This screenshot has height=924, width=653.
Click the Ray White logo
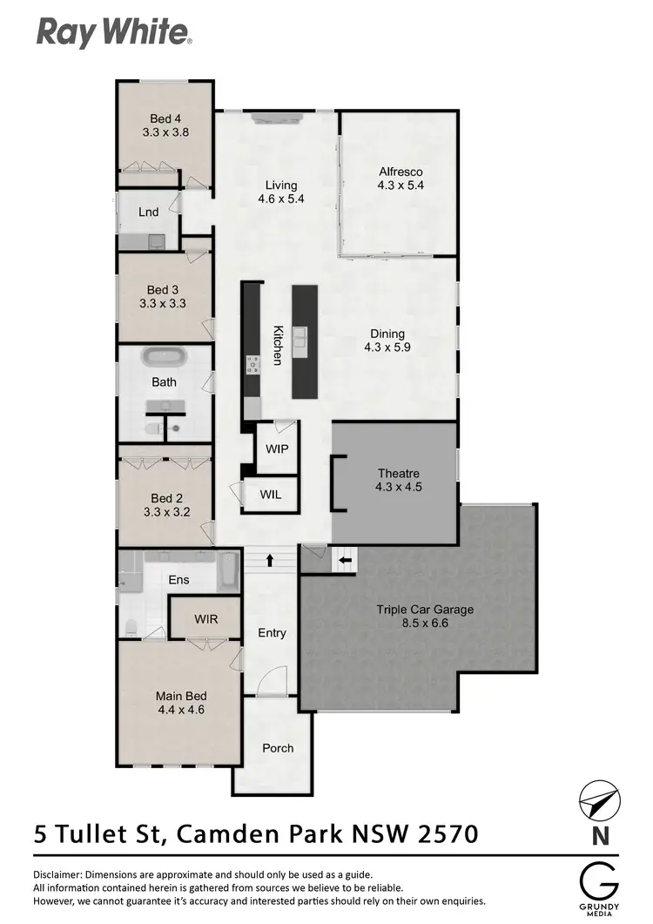tap(113, 32)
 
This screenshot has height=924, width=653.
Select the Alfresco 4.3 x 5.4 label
tap(400, 178)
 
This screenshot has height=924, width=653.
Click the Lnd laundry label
tap(148, 212)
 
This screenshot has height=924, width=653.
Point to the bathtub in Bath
tap(165, 357)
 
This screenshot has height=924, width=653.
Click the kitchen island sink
tap(301, 337)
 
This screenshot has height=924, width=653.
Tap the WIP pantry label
tap(278, 449)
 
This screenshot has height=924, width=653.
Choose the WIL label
tap(271, 495)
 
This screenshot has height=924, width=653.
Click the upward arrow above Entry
tap(270, 560)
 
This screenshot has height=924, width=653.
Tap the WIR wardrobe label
tap(206, 619)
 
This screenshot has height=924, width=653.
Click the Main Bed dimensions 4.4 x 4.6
tap(181, 710)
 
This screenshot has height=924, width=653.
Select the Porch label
tap(278, 748)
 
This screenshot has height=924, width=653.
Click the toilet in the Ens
tap(131, 626)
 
